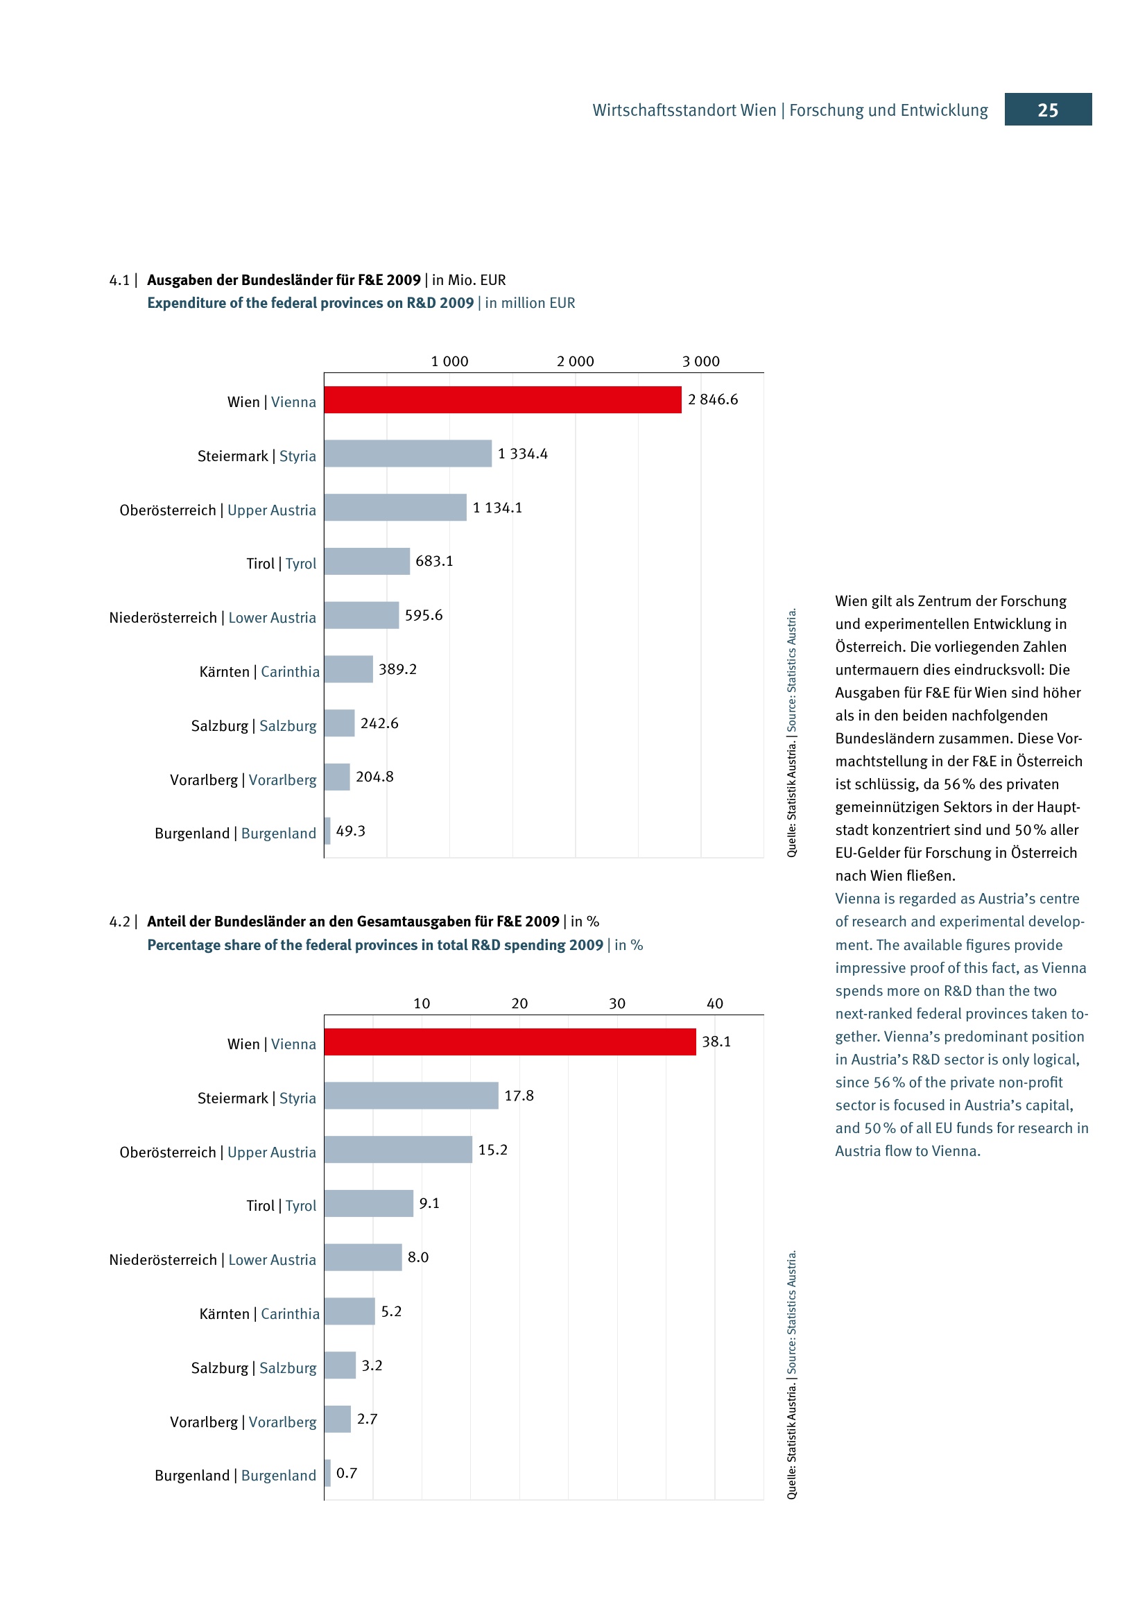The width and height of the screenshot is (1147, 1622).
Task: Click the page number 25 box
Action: click(x=1047, y=110)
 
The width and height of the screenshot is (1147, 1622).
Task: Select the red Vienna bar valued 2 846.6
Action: click(x=502, y=400)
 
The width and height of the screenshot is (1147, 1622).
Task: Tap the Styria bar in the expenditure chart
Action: click(x=408, y=454)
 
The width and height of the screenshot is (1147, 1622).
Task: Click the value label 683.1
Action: click(x=434, y=561)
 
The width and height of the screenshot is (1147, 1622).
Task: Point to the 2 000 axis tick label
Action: click(x=575, y=362)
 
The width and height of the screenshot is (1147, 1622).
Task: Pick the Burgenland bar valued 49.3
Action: click(x=328, y=831)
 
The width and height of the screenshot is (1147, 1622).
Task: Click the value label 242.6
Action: click(x=379, y=723)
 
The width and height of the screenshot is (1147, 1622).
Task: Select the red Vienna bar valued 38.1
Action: click(x=510, y=1042)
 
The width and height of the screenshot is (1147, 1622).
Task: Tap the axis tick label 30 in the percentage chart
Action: click(x=616, y=1004)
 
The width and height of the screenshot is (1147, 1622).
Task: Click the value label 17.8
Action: click(x=519, y=1096)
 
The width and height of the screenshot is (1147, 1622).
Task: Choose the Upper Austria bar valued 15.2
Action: click(x=398, y=1149)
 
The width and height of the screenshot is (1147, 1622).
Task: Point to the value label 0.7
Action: click(x=347, y=1473)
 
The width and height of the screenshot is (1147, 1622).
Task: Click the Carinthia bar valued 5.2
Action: click(x=350, y=1311)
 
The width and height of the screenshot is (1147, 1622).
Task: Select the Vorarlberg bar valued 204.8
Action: click(x=337, y=777)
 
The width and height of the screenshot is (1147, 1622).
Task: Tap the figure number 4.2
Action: click(x=119, y=922)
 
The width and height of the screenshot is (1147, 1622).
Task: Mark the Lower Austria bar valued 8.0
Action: click(x=363, y=1257)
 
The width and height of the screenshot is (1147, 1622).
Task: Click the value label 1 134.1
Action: click(x=497, y=508)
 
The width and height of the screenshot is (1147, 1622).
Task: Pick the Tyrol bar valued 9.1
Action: click(x=369, y=1203)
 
